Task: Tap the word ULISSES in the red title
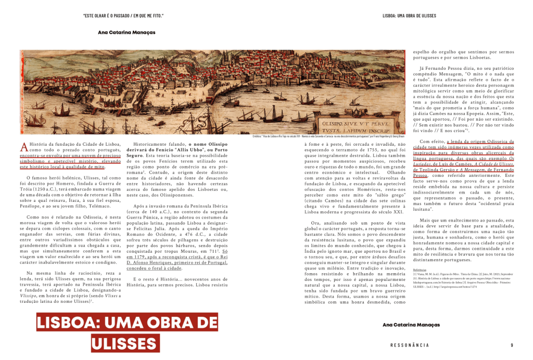(127, 344)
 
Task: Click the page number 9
(512, 345)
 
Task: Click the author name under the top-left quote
(126, 32)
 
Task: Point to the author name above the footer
(411, 325)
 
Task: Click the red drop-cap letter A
(23, 146)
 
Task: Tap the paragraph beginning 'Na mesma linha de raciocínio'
(70, 286)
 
